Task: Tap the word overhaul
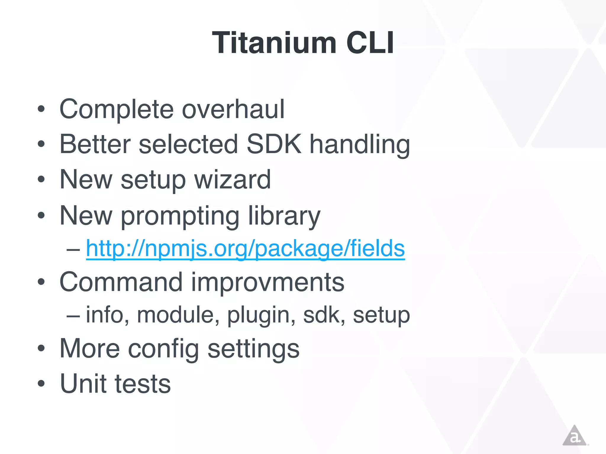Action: [233, 109]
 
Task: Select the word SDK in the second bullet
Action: [274, 144]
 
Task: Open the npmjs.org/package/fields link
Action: [245, 249]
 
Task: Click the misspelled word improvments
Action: [267, 282]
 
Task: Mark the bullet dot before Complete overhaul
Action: [41, 109]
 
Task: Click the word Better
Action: [95, 144]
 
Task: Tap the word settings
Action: [254, 349]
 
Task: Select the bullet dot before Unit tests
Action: [41, 384]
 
